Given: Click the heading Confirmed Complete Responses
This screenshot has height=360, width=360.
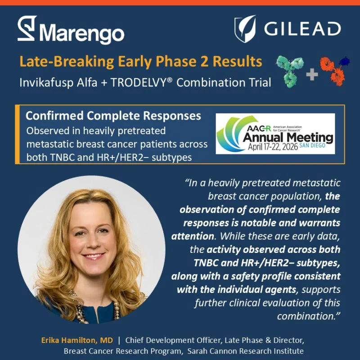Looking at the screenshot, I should coord(113,116).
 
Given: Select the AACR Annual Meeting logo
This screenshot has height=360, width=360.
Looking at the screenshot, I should coord(275,134).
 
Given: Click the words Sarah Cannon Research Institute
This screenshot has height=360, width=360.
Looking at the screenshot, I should coord(246,351).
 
